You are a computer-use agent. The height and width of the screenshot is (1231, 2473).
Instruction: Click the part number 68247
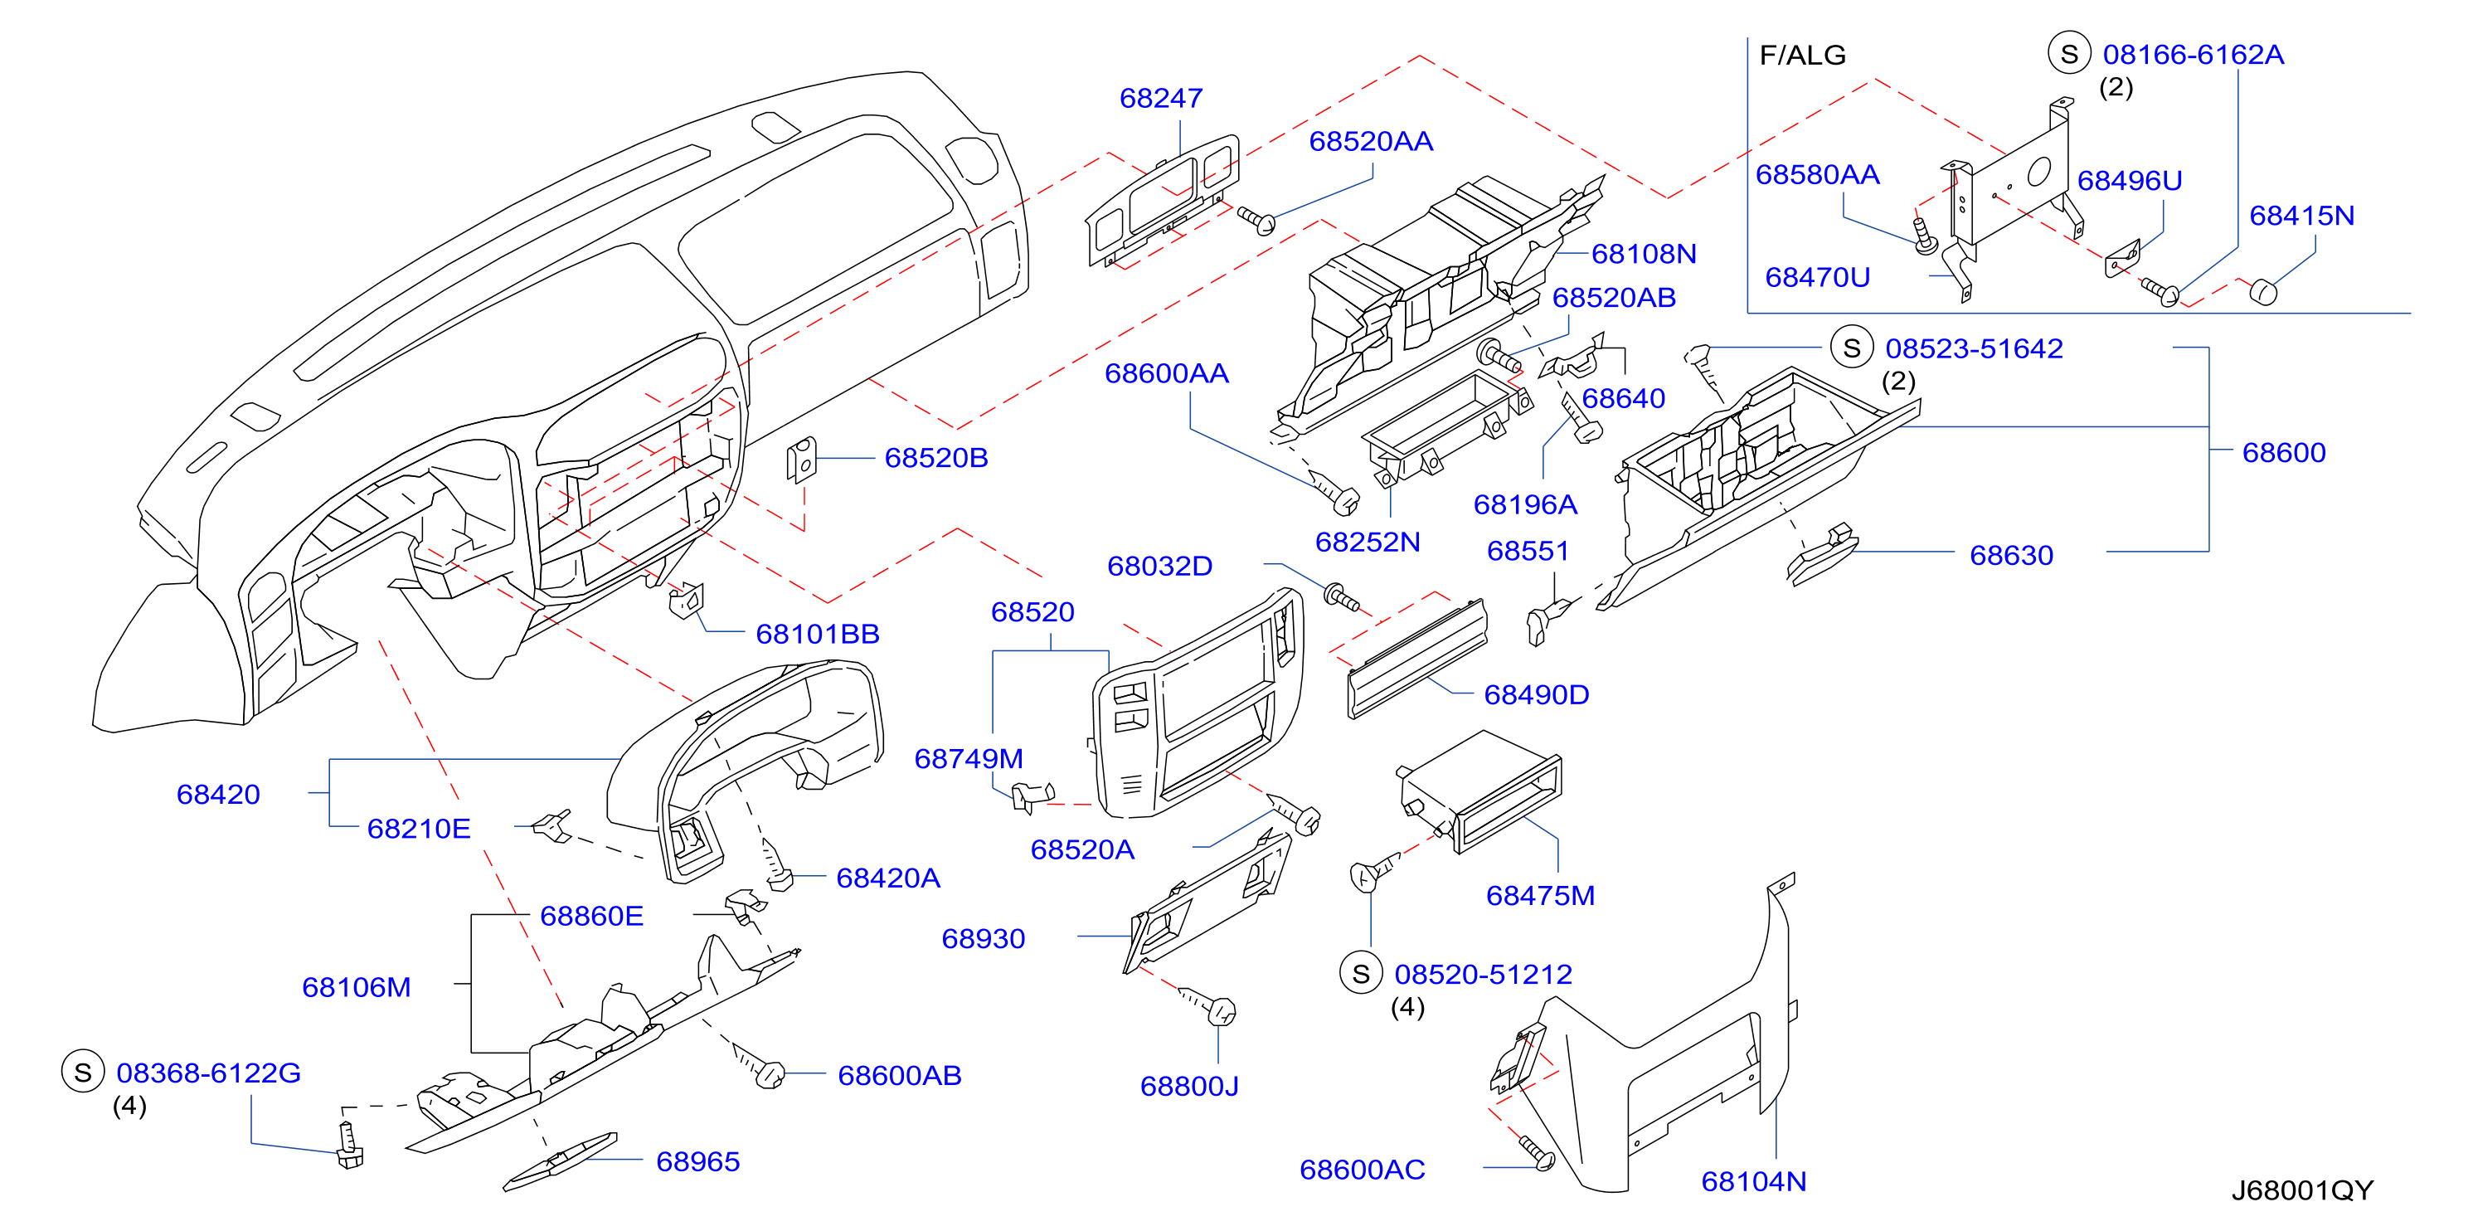1161,98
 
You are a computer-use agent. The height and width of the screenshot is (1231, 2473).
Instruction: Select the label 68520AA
1371,141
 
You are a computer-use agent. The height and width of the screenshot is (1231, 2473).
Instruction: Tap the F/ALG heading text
1802,55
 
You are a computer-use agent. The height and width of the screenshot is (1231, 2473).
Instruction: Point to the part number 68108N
1644,254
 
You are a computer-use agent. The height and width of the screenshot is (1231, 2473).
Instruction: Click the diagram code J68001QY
2301,1190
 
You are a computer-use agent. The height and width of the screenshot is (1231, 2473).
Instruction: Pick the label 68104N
1753,1181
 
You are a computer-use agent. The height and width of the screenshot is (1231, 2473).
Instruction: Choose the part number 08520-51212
1484,975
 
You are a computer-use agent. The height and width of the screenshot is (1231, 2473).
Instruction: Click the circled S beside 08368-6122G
83,1072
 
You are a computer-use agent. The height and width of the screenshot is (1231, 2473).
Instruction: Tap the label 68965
698,1162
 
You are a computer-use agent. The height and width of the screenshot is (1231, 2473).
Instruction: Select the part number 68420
218,794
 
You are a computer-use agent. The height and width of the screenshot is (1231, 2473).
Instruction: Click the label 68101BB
817,634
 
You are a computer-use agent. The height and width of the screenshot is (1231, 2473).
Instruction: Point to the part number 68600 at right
2284,452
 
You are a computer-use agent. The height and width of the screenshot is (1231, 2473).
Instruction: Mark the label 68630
2011,555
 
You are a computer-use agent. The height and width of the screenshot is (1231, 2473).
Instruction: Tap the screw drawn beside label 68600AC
1536,1152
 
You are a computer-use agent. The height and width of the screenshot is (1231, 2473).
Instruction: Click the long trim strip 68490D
1418,658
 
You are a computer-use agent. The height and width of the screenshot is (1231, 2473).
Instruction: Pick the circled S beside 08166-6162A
2069,54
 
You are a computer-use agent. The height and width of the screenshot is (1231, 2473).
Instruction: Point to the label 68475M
1540,896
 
